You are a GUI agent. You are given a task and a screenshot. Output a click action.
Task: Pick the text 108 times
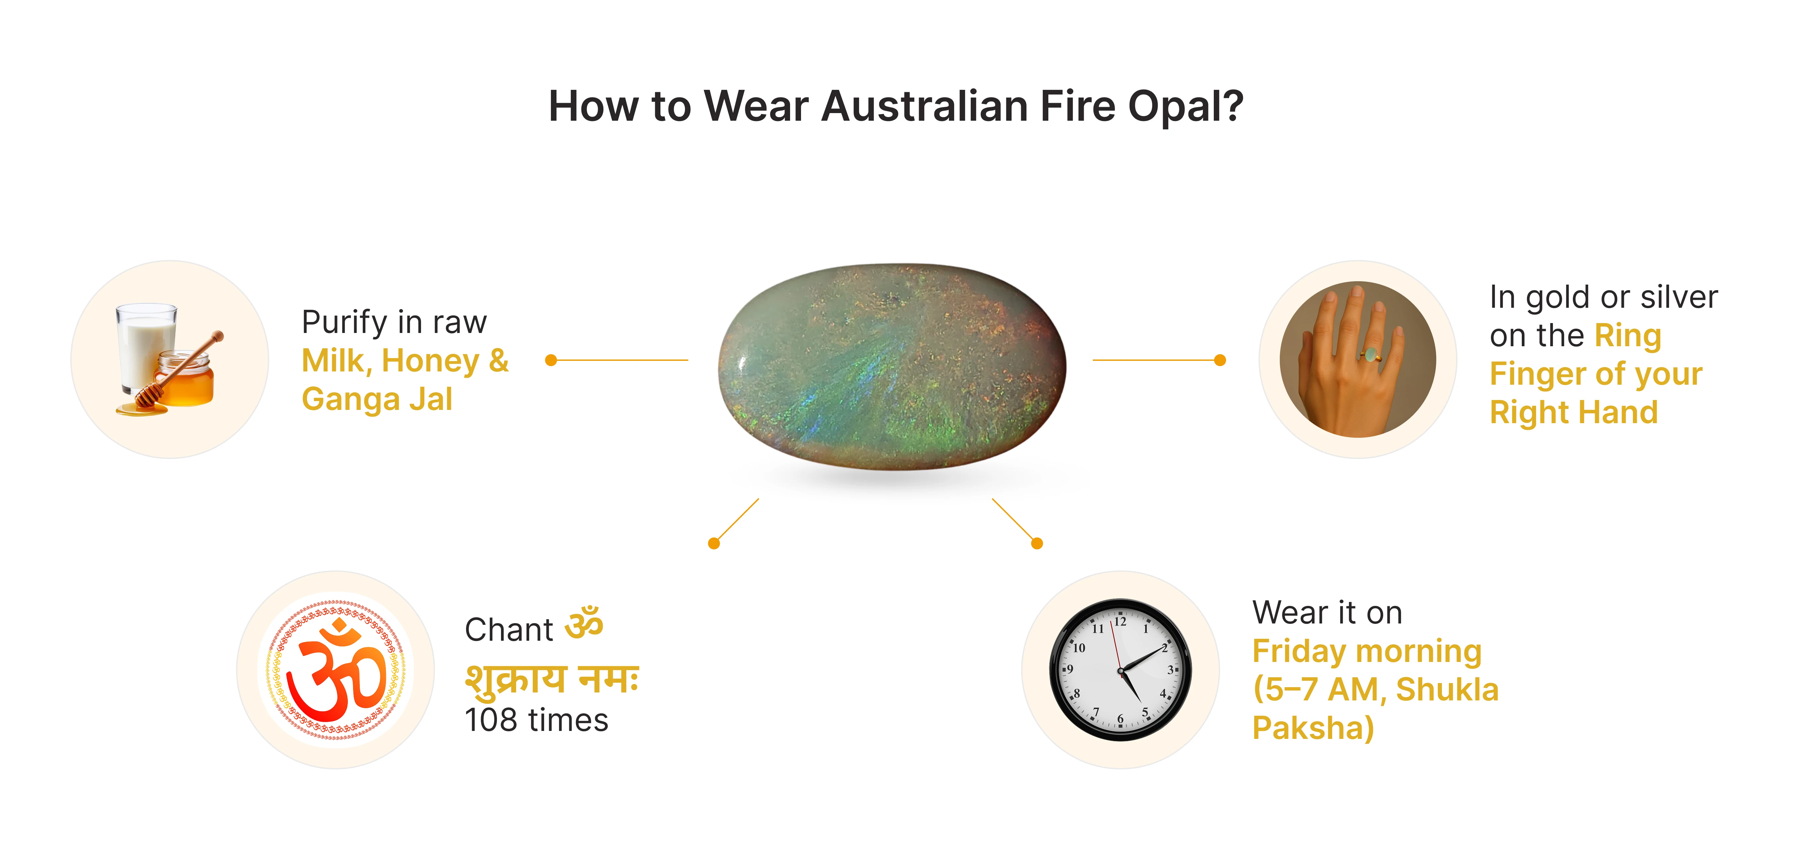[x=536, y=720]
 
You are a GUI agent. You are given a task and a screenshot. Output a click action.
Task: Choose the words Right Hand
[x=1574, y=412]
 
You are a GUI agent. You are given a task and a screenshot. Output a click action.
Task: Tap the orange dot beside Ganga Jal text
[x=551, y=360]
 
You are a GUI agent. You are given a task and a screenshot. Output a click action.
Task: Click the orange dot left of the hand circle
[x=1219, y=360]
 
